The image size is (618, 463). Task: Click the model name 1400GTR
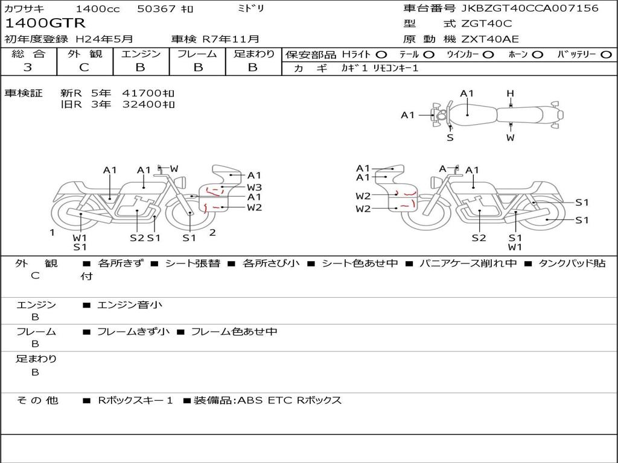coord(45,24)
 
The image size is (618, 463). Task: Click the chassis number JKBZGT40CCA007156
coord(530,8)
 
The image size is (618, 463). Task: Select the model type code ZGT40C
coord(486,24)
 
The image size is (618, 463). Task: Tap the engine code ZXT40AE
coord(490,39)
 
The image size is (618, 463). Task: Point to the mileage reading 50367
coord(157,8)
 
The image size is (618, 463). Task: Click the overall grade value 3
coord(28,68)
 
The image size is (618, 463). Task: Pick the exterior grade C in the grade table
coord(84,68)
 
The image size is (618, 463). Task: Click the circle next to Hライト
coord(381,55)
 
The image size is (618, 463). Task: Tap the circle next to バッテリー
coord(606,55)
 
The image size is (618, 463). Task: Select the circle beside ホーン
coord(538,55)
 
